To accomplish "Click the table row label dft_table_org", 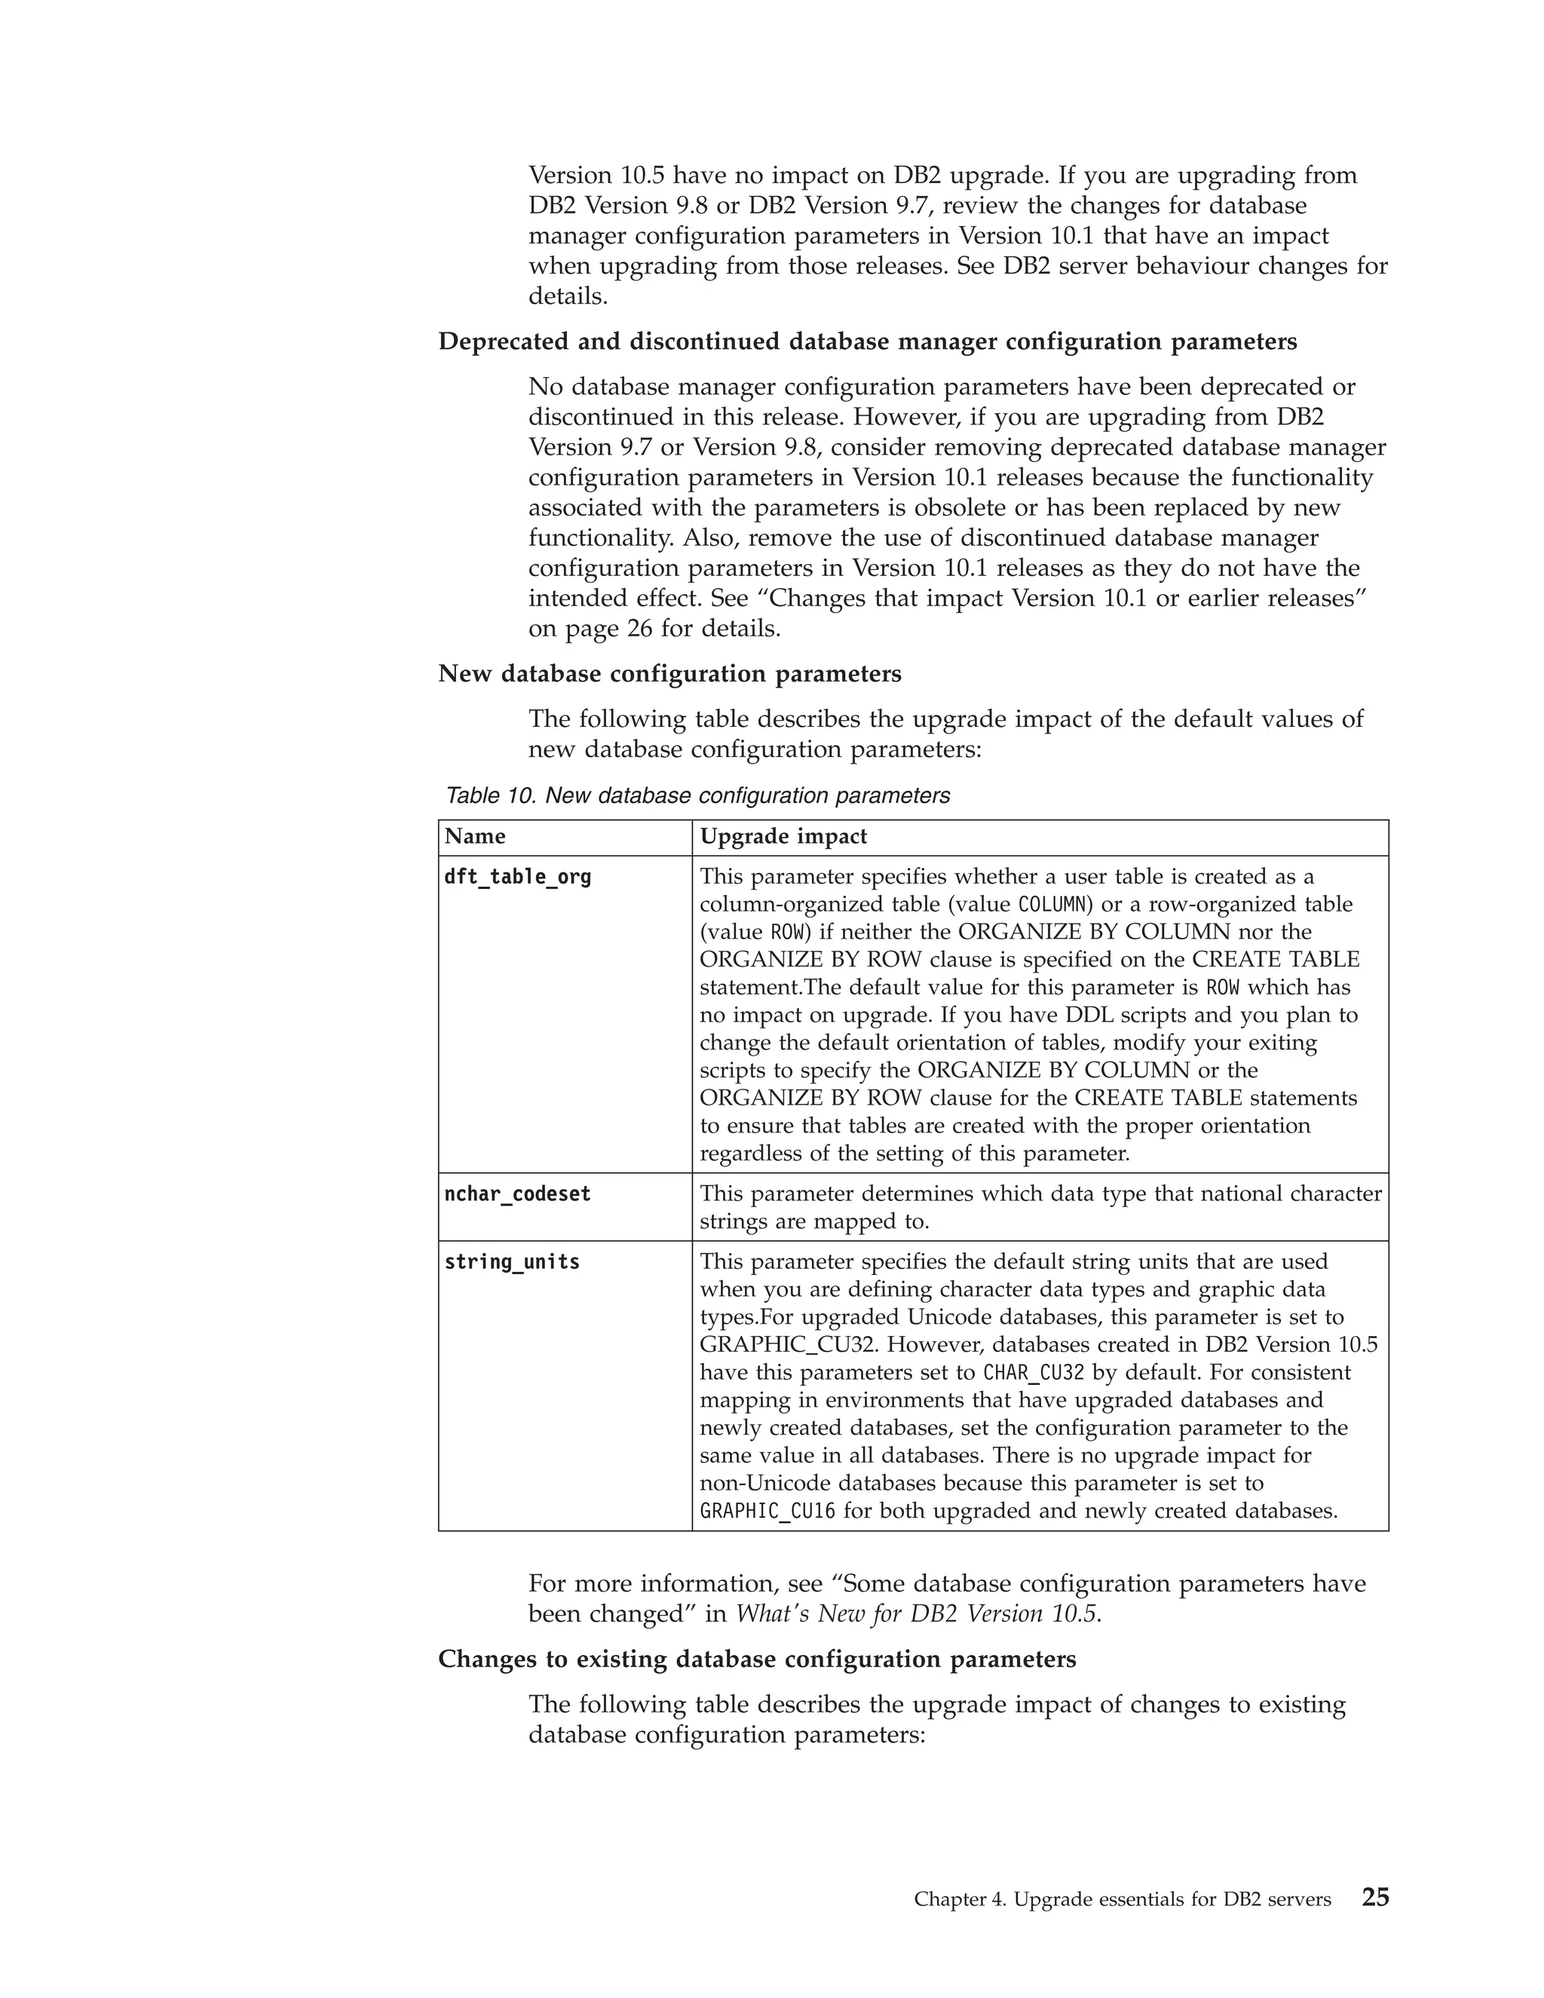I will (x=518, y=878).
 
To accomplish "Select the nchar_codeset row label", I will (x=518, y=1194).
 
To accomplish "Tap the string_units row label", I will (x=512, y=1262).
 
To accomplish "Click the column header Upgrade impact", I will (x=783, y=836).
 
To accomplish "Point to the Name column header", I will (x=475, y=836).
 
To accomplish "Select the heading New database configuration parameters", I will (x=669, y=674).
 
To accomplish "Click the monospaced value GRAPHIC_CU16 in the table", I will (x=767, y=1511).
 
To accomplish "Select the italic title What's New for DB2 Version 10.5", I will (x=915, y=1613).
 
